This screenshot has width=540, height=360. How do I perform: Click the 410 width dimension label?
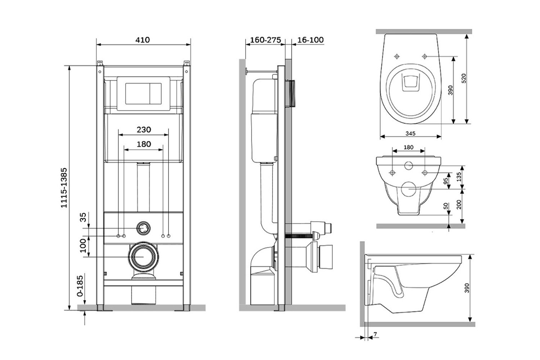pyautogui.click(x=143, y=40)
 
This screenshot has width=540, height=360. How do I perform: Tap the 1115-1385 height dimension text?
pyautogui.click(x=64, y=188)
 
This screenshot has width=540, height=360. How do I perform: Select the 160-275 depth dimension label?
pyautogui.click(x=265, y=40)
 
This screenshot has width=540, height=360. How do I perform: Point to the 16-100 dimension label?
pyautogui.click(x=310, y=40)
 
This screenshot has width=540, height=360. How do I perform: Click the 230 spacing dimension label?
pyautogui.click(x=144, y=130)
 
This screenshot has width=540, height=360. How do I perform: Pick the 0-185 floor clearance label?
pyautogui.click(x=80, y=286)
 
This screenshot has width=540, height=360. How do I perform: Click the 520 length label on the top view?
pyautogui.click(x=464, y=78)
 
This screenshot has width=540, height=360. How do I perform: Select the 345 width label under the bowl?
pyautogui.click(x=410, y=133)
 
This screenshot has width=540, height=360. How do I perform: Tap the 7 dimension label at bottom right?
pyautogui.click(x=375, y=334)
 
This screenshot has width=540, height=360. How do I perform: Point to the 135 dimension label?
pyautogui.click(x=459, y=177)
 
